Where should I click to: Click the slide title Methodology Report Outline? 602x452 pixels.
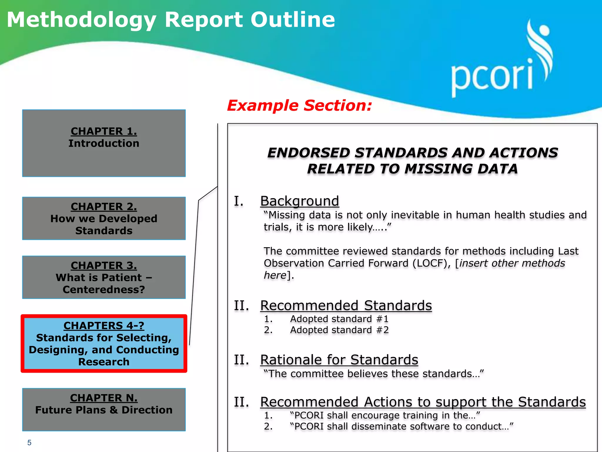171,20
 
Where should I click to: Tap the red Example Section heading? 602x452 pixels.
300,105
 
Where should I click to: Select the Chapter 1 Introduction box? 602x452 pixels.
104,143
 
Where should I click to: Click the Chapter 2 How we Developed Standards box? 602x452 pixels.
104,218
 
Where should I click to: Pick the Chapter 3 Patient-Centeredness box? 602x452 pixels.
104,277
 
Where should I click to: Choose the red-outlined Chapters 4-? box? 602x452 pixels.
104,343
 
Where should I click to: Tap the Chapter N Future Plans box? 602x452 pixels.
104,409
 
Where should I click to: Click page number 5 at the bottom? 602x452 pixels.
29,443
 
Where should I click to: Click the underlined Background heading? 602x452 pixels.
300,201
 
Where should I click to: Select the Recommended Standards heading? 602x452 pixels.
346,305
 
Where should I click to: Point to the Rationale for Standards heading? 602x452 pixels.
339,360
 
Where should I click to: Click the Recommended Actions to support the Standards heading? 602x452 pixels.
423,402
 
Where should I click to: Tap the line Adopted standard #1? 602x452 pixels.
339,319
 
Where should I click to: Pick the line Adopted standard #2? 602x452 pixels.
339,330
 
